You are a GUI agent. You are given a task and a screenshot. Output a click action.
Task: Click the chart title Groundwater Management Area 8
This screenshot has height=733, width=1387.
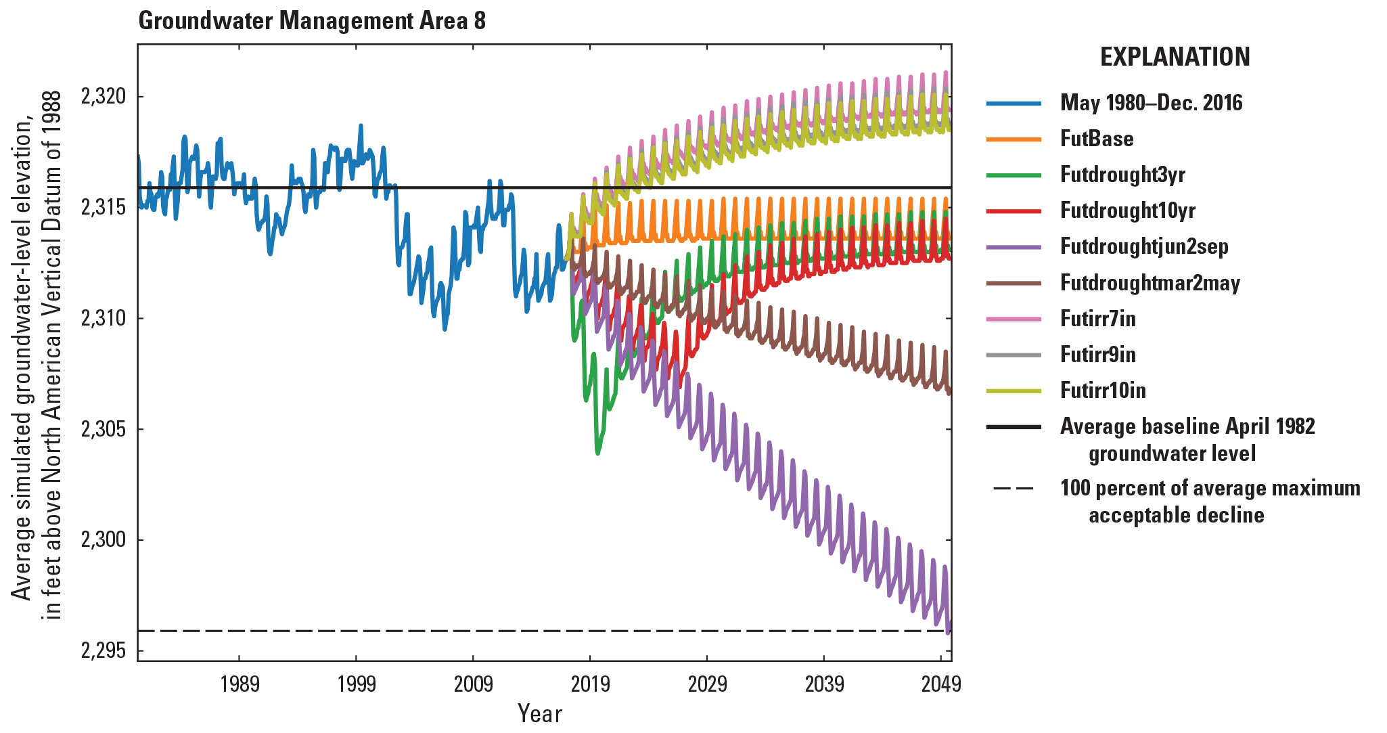pyautogui.click(x=312, y=21)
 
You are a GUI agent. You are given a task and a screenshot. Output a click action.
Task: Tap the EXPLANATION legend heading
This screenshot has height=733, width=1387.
pyautogui.click(x=1175, y=57)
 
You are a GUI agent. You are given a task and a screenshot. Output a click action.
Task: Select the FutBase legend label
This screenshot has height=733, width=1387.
pyautogui.click(x=1096, y=139)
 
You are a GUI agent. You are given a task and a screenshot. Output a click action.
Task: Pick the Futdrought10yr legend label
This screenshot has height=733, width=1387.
pyautogui.click(x=1127, y=210)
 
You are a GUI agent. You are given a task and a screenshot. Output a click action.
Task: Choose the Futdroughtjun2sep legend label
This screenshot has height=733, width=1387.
pyautogui.click(x=1144, y=246)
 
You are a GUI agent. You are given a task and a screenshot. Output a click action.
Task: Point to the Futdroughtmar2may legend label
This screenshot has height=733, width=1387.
pyautogui.click(x=1150, y=283)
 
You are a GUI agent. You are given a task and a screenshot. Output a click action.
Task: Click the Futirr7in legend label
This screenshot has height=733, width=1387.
pyautogui.click(x=1097, y=319)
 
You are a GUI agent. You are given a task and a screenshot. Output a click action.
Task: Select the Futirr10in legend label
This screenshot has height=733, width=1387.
pyautogui.click(x=1103, y=391)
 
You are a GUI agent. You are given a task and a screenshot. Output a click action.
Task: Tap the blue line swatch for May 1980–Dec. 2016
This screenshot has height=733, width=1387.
pyautogui.click(x=1014, y=103)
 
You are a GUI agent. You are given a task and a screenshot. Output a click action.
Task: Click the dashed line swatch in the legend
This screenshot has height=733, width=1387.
pyautogui.click(x=1014, y=489)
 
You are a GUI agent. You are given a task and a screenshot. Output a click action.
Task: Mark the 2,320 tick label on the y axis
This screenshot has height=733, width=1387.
pyautogui.click(x=104, y=96)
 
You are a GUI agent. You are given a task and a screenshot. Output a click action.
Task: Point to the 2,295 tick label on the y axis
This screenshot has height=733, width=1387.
pyautogui.click(x=104, y=650)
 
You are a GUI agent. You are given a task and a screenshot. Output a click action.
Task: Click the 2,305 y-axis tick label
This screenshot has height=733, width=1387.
pyautogui.click(x=104, y=429)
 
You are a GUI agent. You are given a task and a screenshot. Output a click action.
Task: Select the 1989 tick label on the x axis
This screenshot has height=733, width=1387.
pyautogui.click(x=240, y=684)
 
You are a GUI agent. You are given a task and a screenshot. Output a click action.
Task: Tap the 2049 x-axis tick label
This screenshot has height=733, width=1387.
pyautogui.click(x=940, y=684)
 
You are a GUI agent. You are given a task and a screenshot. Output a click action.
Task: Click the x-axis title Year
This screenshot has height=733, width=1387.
pyautogui.click(x=539, y=713)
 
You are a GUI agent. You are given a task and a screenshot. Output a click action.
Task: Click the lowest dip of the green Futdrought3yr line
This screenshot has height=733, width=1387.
pyautogui.click(x=597, y=453)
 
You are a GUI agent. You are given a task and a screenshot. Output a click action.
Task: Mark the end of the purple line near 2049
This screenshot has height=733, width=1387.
pyautogui.click(x=949, y=631)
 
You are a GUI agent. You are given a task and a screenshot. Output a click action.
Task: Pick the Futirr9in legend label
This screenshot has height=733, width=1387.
pyautogui.click(x=1097, y=355)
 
